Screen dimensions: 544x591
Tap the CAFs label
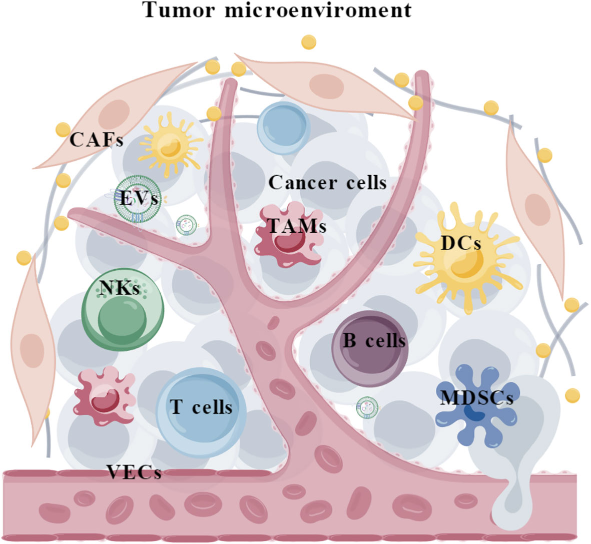(x=96, y=140)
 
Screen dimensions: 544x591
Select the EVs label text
(x=140, y=199)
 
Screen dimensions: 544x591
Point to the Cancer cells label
(x=328, y=183)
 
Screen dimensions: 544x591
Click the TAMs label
(x=297, y=226)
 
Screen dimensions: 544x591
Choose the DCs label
(x=461, y=244)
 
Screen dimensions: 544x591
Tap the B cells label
(x=374, y=341)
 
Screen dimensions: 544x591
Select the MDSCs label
(x=477, y=398)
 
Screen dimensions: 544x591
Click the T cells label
(x=201, y=407)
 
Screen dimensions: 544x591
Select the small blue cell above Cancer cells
(x=283, y=127)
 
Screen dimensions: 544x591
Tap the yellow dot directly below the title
(x=309, y=42)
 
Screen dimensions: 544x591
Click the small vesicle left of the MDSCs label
(x=367, y=408)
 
